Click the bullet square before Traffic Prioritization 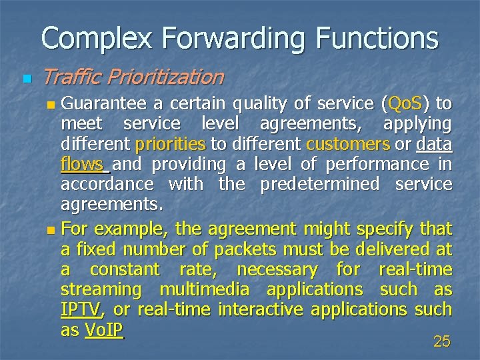pyautogui.click(x=26, y=79)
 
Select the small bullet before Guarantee pyautogui.click(x=53, y=105)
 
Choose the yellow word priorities pyautogui.click(x=170, y=144)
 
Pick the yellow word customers pyautogui.click(x=348, y=144)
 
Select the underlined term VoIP pyautogui.click(x=104, y=330)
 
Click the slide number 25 pyautogui.click(x=441, y=342)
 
